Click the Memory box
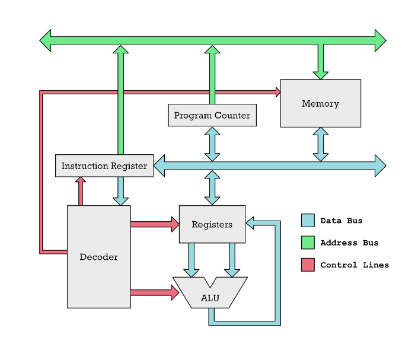(x=320, y=103)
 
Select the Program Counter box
(x=212, y=115)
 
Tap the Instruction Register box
(x=104, y=165)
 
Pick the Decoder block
(x=98, y=257)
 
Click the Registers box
(x=212, y=224)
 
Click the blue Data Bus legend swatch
(x=308, y=221)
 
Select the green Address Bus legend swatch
(x=308, y=243)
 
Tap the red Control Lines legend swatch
(x=308, y=265)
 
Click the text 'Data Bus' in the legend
(x=341, y=221)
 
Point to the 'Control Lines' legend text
(x=355, y=265)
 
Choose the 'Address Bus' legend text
(x=349, y=243)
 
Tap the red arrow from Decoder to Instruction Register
(x=81, y=191)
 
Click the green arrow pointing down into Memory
(x=320, y=63)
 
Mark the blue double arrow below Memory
(x=320, y=144)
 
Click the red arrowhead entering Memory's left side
(x=277, y=92)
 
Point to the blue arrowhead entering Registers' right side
(x=250, y=224)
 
